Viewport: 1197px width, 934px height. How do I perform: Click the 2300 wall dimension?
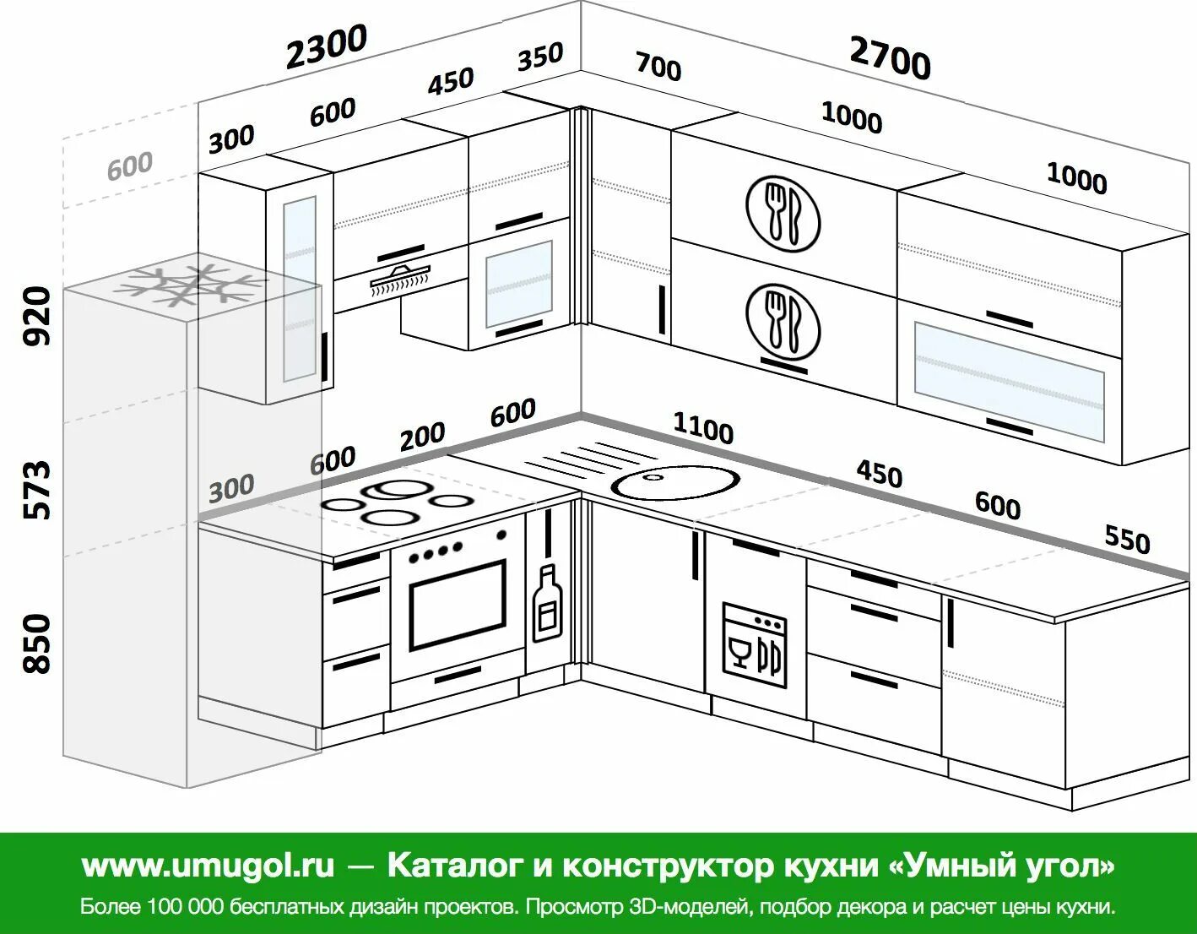326,46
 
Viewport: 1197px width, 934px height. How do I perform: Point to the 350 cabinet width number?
540,57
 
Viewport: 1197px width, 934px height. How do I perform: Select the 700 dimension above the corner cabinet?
658,66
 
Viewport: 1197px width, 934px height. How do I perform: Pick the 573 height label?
37,490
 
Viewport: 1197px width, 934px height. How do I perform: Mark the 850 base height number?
37,643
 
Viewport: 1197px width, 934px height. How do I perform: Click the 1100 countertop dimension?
702,428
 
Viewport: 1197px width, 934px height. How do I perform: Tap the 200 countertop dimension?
422,437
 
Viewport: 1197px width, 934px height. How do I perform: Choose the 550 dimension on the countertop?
1127,538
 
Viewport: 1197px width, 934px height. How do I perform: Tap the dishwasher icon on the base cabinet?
755,644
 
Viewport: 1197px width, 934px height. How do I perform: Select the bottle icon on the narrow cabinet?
547,603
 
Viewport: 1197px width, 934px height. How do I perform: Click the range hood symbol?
400,280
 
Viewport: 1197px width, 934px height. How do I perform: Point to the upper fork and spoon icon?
783,213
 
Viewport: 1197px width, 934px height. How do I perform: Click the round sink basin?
675,482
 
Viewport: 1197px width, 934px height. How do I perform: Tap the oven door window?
458,602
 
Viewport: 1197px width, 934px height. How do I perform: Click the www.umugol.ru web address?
208,866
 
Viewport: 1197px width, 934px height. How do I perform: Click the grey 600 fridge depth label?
130,166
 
